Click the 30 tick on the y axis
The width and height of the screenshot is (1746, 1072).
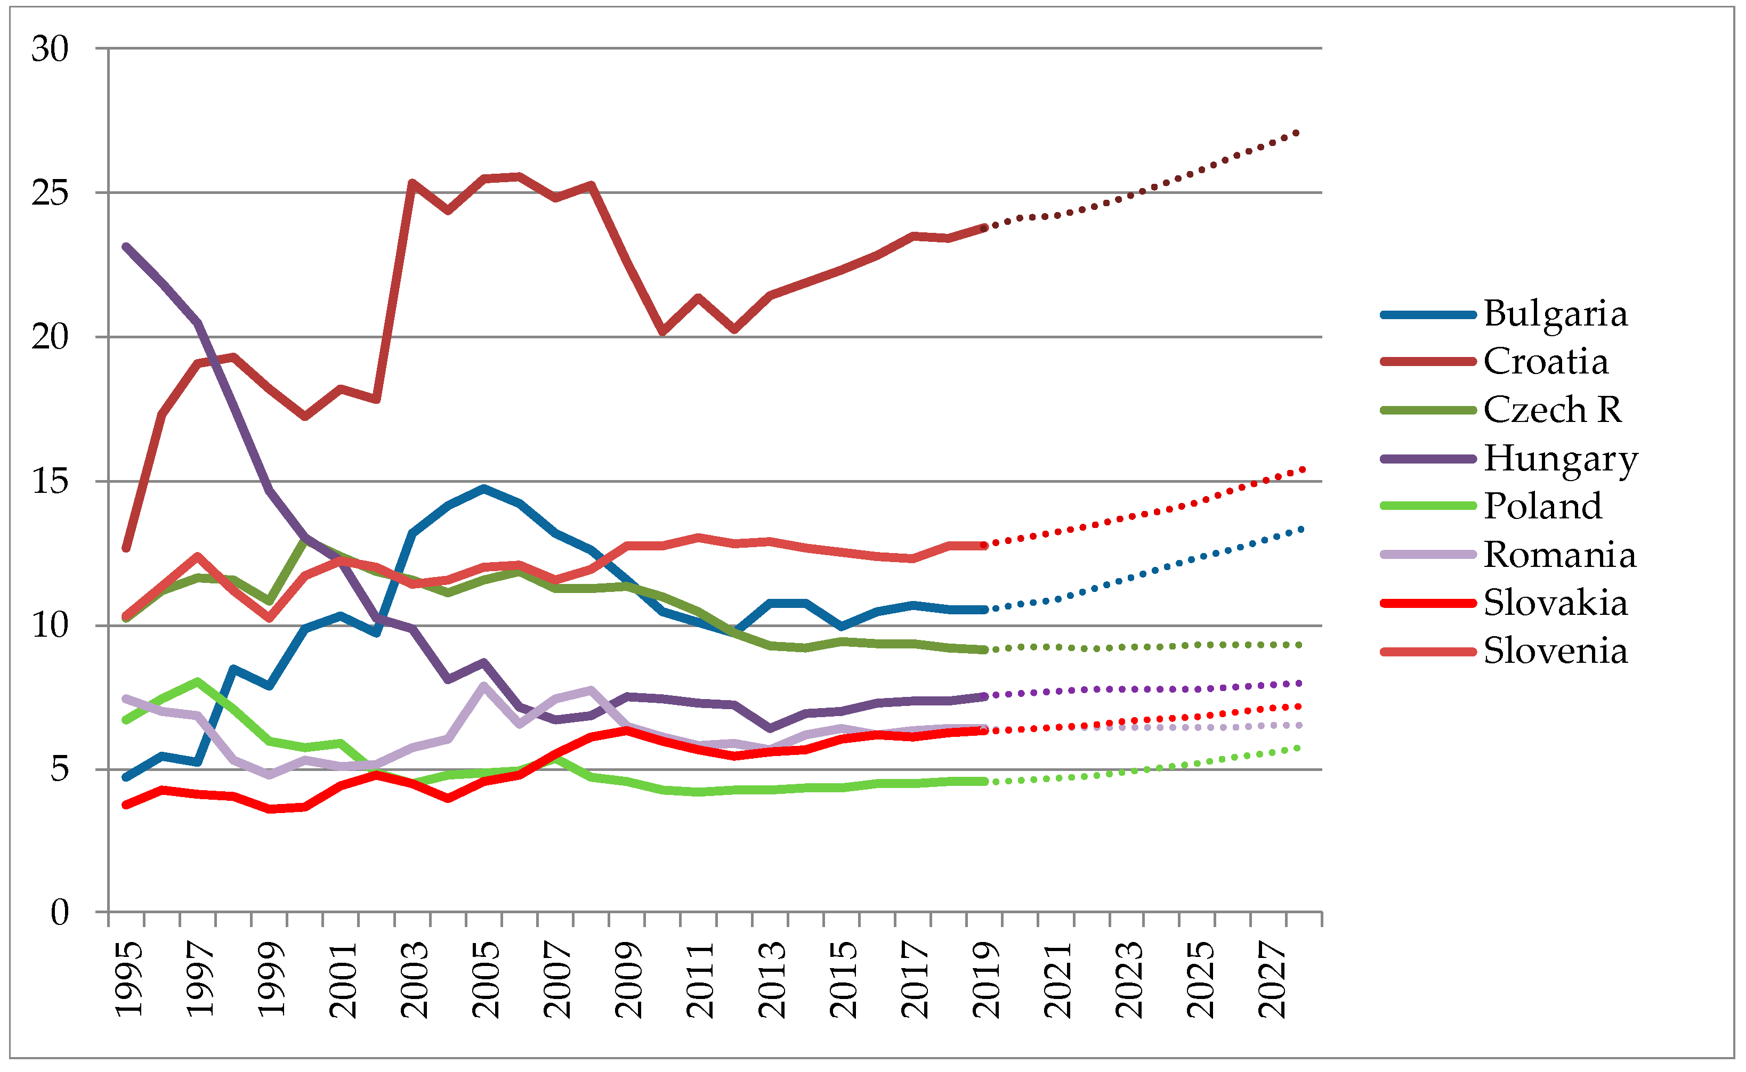click(50, 50)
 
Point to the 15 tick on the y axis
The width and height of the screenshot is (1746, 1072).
click(50, 482)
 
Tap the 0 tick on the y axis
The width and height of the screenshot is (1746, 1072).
click(60, 913)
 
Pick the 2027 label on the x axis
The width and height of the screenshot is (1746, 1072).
click(1273, 980)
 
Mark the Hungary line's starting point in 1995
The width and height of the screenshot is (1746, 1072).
click(126, 247)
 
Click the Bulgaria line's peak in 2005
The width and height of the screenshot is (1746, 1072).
click(484, 489)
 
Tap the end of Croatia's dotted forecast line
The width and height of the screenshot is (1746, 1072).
click(1297, 133)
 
